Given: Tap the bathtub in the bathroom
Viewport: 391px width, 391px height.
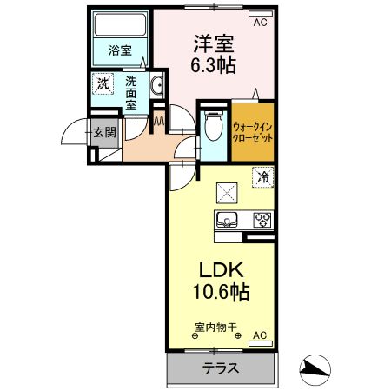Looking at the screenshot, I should point(121,28).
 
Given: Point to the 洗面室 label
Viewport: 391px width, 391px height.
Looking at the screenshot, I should point(131,92).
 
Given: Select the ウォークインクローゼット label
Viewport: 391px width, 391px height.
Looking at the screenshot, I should point(253,132).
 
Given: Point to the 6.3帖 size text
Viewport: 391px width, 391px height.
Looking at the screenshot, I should point(214,65).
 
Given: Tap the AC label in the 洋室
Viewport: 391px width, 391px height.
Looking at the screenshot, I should point(260,23).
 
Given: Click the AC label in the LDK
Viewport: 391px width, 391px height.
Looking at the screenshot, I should point(258,335).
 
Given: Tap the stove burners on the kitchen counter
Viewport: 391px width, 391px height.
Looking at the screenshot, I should point(261,219).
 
